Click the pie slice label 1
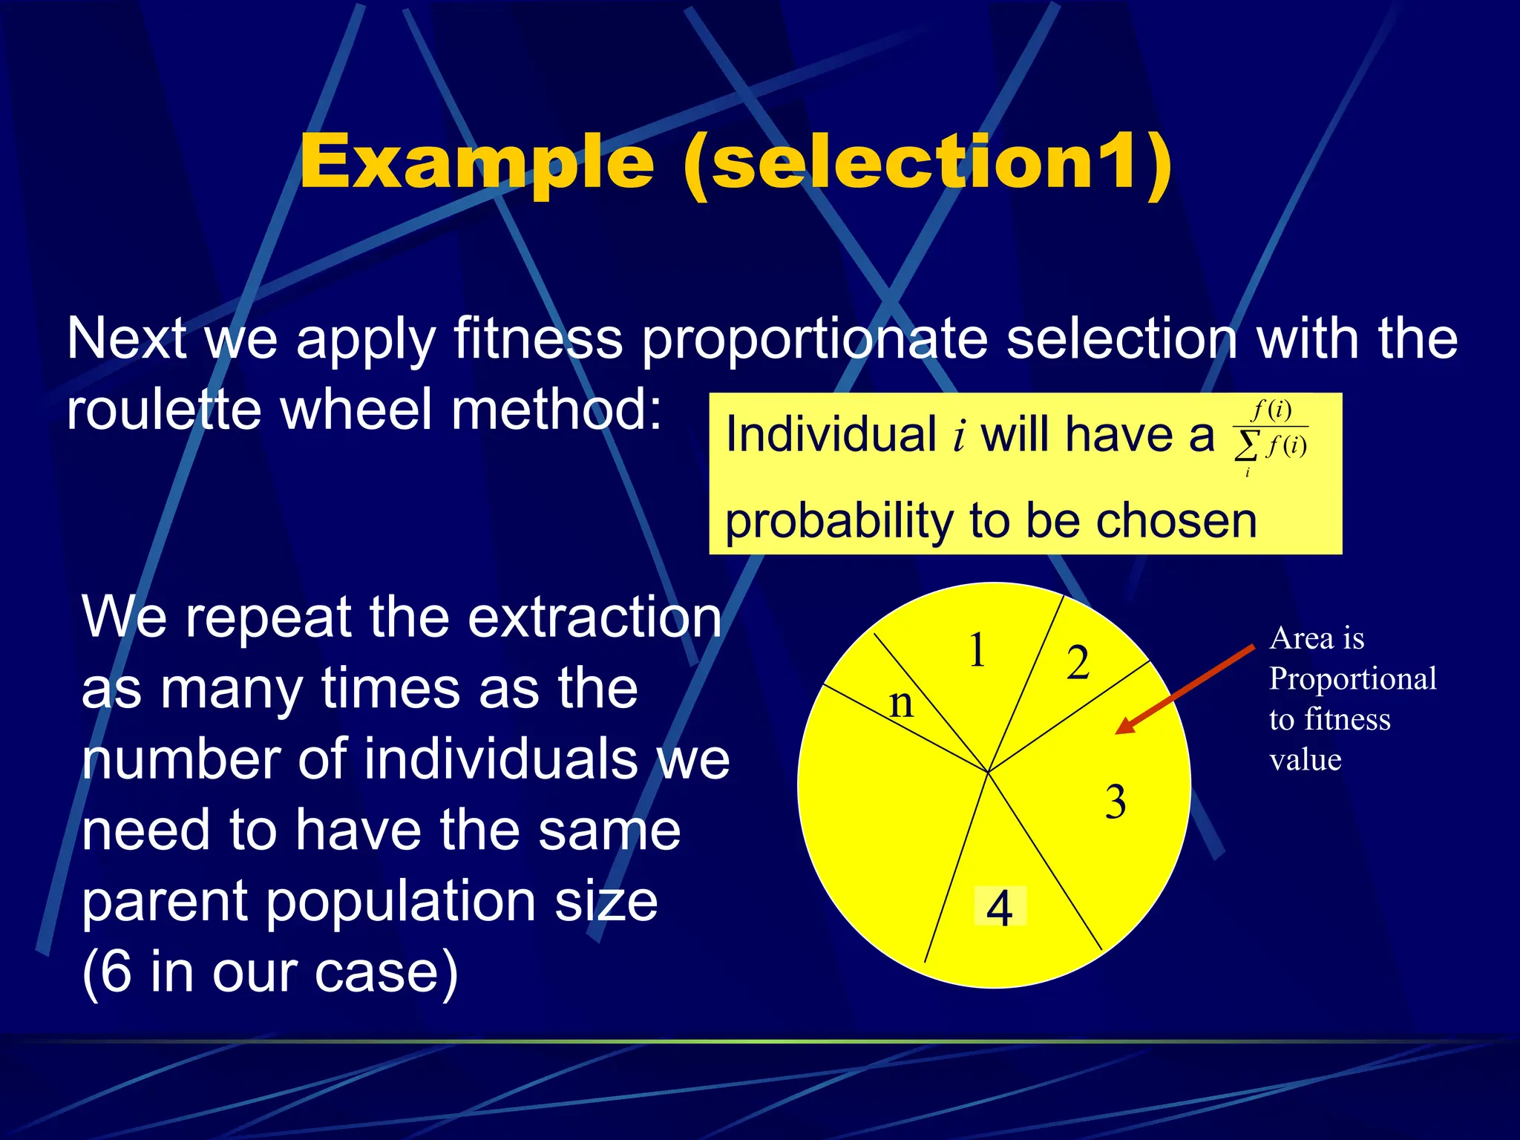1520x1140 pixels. point(977,651)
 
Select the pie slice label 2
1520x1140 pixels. point(1078,663)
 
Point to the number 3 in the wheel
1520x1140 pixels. point(1115,802)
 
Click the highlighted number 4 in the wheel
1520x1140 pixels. point(1000,907)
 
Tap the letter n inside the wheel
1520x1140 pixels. point(901,702)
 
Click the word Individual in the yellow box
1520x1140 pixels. point(831,435)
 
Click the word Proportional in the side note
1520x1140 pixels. point(1352,679)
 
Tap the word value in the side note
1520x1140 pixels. point(1305,760)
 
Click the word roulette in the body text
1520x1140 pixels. point(163,410)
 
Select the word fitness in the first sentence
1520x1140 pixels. point(537,339)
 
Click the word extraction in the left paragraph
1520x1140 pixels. point(594,617)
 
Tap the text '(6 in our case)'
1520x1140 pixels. point(269,972)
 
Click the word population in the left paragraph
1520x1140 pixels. point(401,902)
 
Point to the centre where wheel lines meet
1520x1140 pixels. point(988,772)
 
